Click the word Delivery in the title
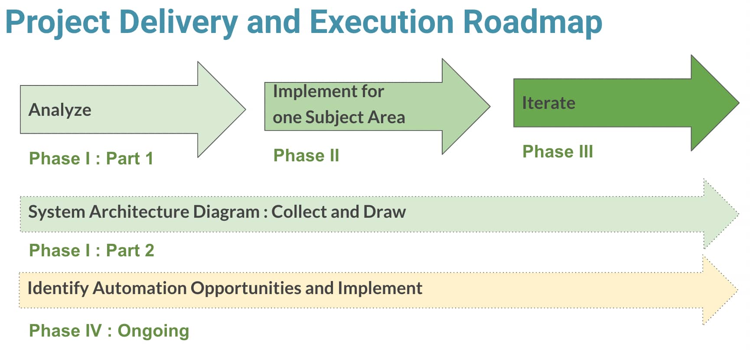click(178, 23)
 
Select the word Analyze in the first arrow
click(60, 110)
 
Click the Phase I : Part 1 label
click(91, 158)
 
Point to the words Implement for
click(328, 91)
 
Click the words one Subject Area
click(339, 117)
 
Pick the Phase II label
click(306, 155)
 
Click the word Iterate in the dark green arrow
click(548, 103)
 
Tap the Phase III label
click(558, 151)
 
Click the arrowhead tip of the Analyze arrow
click(245, 109)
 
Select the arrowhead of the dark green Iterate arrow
click(715, 103)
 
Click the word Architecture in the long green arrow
click(139, 212)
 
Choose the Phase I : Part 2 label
click(91, 250)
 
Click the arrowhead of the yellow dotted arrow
click(720, 290)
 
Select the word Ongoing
click(153, 331)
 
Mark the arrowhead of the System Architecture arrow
click(721, 214)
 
